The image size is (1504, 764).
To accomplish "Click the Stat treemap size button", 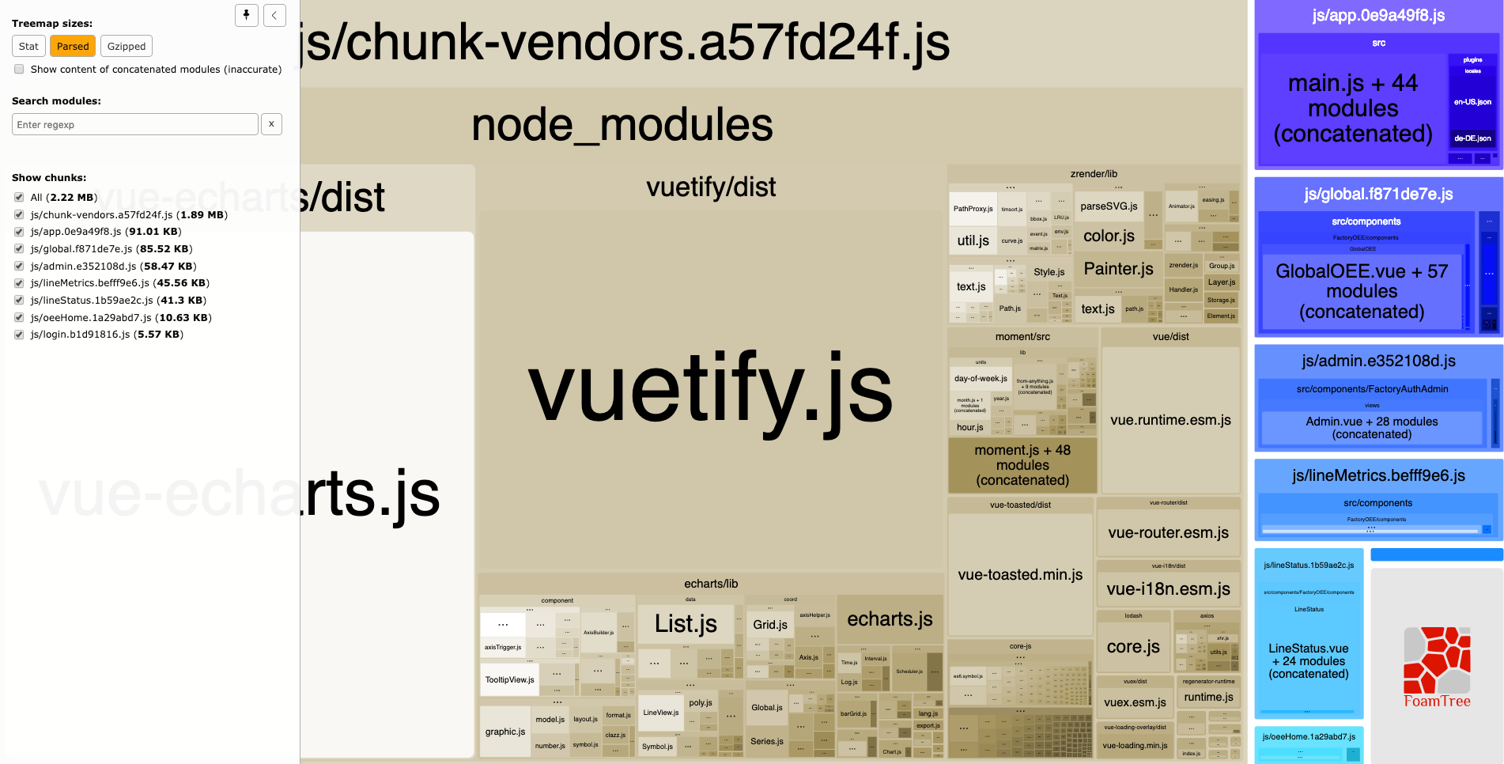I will tap(28, 47).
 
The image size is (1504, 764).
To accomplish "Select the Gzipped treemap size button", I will tap(127, 47).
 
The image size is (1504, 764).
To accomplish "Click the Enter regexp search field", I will tap(135, 125).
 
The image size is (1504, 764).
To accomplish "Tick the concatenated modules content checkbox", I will tap(19, 70).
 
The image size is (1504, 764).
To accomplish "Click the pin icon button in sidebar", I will tap(247, 15).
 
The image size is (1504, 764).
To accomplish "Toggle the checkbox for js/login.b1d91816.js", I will tap(19, 335).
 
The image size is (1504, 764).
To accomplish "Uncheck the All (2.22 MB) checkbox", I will tap(19, 198).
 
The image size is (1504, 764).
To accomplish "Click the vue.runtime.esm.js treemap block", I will tap(1170, 420).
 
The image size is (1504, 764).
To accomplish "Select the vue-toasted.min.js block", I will tap(1020, 574).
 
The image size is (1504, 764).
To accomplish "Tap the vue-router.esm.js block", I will tap(1168, 532).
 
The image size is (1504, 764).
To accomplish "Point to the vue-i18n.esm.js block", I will tap(1168, 588).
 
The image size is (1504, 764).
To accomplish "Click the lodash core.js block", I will tap(1133, 646).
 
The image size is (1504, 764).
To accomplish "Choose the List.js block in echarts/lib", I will tap(686, 624).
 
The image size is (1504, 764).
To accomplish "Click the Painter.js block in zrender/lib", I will tap(1118, 269).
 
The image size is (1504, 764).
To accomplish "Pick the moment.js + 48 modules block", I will tap(1022, 465).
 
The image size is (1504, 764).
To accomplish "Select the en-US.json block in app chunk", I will tap(1472, 102).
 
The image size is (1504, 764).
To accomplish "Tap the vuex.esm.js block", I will tap(1135, 702).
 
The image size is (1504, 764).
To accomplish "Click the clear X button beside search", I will tap(271, 124).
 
